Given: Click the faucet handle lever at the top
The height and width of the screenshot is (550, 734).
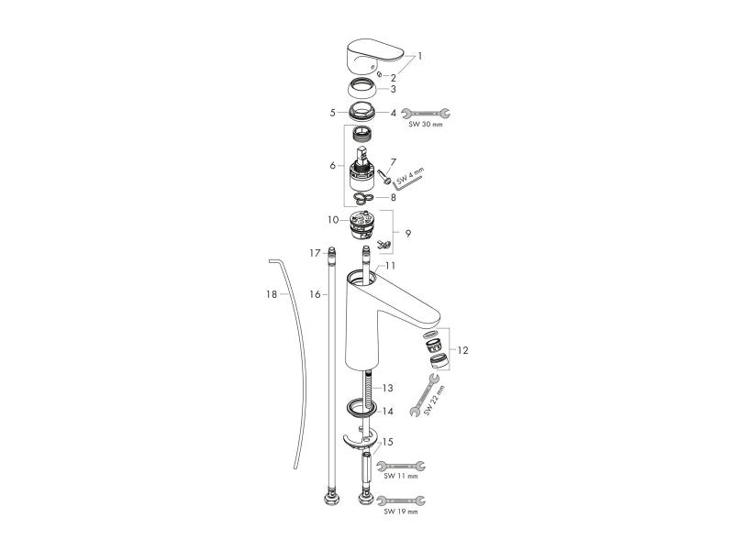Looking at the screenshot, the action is point(373,57).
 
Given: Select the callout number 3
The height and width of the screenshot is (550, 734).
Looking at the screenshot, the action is point(394,89).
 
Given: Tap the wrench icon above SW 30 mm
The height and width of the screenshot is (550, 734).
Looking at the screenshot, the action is point(426,113).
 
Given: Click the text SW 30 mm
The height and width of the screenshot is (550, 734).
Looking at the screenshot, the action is point(426,125).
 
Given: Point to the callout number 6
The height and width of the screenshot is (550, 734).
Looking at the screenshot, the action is point(332,165).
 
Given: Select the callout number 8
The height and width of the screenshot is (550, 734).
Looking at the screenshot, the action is point(394,197).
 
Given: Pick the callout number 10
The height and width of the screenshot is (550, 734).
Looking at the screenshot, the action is point(333,219).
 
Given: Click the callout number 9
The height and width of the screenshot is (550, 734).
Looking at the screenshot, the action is point(408,233).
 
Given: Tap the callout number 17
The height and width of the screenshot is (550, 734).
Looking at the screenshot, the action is point(315,253).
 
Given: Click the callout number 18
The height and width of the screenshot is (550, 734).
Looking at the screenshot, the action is point(272,294).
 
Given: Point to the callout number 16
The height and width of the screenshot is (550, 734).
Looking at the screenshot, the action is point(315,294).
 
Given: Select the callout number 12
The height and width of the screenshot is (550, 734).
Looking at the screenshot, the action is point(462,350).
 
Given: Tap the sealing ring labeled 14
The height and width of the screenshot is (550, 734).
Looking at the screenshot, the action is point(361,407).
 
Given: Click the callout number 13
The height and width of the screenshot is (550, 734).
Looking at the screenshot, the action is point(387,388).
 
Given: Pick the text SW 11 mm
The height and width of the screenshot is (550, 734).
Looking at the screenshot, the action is point(401,476).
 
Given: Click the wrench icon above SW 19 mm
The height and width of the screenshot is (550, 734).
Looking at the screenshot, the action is point(401,500).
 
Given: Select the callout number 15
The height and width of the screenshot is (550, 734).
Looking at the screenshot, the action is point(387,442).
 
